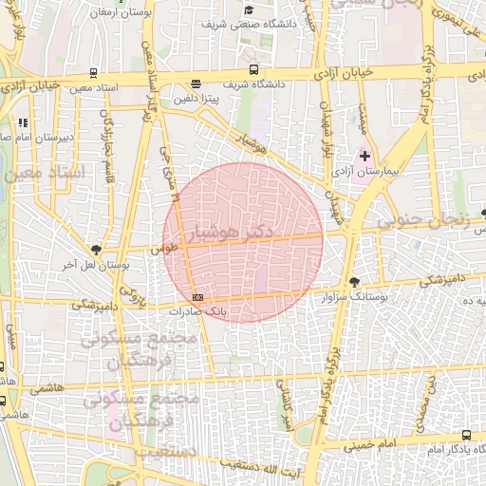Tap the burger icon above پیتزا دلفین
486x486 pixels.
(196, 83)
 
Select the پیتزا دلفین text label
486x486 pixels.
(196, 97)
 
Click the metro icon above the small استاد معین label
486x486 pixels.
(93, 72)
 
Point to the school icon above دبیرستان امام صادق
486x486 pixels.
(23, 122)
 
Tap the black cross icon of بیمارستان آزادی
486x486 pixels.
(364, 154)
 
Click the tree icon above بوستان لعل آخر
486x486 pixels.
(96, 251)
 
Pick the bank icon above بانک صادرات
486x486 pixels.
(196, 297)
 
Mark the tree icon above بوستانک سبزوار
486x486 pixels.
(355, 281)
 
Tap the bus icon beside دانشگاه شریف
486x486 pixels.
(252, 69)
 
